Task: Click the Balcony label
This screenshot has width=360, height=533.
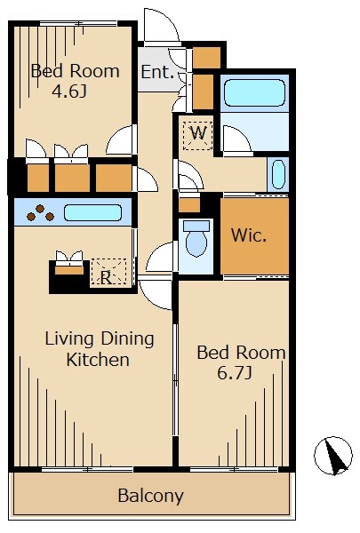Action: (150, 497)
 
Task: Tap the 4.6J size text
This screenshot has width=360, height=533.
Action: (69, 91)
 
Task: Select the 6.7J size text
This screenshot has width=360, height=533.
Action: (235, 373)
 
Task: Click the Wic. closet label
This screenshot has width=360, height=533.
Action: (249, 235)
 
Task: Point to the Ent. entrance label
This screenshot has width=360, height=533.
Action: (157, 72)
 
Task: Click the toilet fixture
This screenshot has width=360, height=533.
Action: (196, 238)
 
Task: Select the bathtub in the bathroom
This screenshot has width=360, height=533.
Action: (254, 88)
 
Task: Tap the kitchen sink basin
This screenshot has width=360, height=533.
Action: (93, 212)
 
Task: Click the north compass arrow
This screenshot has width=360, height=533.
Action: (333, 457)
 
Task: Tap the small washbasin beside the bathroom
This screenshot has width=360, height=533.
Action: (278, 174)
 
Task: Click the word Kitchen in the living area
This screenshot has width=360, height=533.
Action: (98, 360)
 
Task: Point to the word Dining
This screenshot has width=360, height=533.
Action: (127, 339)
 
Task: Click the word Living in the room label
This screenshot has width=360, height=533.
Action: (69, 339)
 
